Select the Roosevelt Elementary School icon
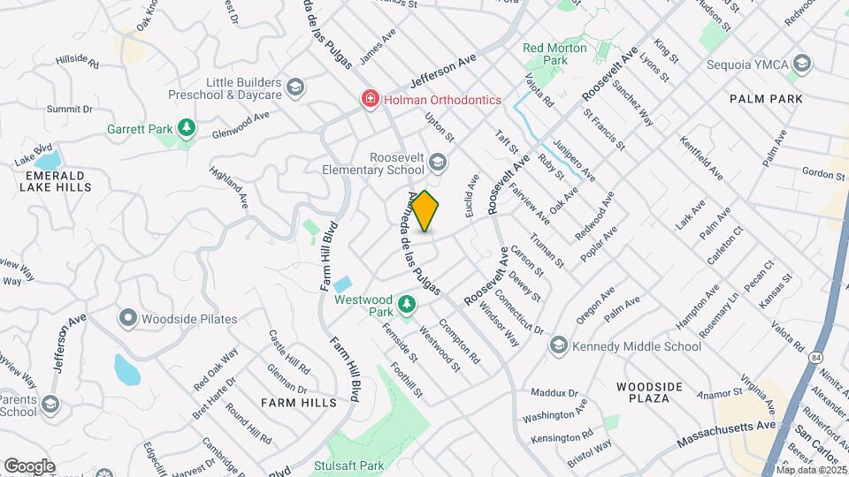point(437,162)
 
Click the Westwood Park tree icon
point(407,305)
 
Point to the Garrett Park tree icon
point(186,129)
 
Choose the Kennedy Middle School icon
point(558,346)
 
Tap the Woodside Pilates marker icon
point(128,318)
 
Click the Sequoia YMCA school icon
point(801,64)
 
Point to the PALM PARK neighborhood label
point(766,99)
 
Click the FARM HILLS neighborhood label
point(299,403)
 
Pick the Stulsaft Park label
point(351,463)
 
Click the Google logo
point(29,466)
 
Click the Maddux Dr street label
point(555,392)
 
